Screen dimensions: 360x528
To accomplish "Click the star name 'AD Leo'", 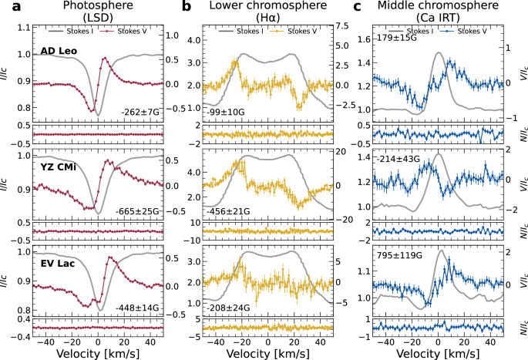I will coord(59,52).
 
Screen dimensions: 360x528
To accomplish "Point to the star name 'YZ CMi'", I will coord(59,164).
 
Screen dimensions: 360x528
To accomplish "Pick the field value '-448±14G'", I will coord(137,308).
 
